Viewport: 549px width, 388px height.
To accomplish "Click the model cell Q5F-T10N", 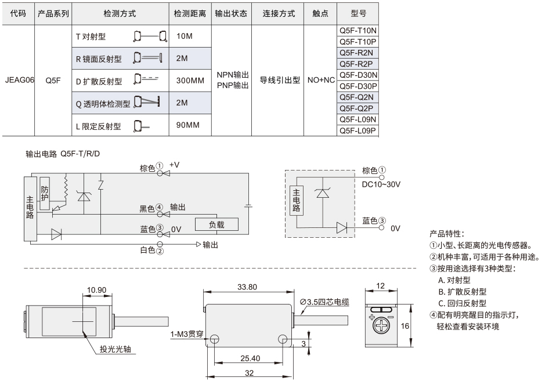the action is [357, 30].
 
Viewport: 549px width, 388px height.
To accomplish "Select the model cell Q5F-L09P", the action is [357, 130].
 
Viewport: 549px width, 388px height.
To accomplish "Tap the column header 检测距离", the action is [190, 14].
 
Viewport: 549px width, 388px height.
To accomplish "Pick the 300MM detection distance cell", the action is [190, 81].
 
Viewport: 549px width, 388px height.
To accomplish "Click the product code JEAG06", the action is [20, 80].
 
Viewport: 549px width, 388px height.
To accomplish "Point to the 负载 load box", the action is [216, 224].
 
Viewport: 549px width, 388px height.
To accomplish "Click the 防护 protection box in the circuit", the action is [45, 194].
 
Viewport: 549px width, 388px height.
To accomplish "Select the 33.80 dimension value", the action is [247, 287].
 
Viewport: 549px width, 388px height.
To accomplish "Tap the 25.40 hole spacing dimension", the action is [250, 358].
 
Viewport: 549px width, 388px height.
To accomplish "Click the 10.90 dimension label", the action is [96, 290].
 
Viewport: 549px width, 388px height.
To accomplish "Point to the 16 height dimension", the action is [404, 326].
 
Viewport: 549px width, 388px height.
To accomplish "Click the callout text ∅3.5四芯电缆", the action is [324, 302].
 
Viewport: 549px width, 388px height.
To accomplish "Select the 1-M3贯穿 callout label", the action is [187, 334].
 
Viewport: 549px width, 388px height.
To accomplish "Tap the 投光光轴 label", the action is [115, 349].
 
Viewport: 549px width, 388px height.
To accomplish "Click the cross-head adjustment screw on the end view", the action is [381, 326].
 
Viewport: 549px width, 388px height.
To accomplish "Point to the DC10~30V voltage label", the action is [381, 184].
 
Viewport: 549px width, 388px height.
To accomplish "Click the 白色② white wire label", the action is [151, 250].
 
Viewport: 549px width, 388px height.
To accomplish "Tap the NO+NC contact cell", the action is [321, 80].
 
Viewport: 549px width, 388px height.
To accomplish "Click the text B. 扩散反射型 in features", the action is [462, 292].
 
